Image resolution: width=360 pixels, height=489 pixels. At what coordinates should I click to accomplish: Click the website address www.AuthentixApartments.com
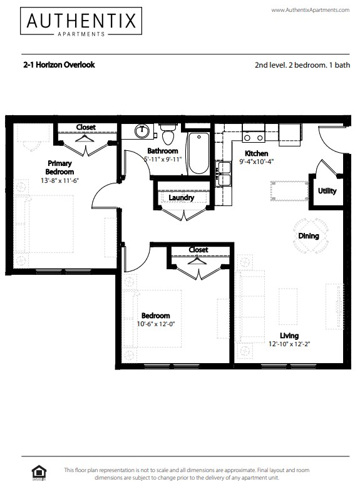click(310, 10)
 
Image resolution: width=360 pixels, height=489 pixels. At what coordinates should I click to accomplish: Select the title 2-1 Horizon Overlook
click(59, 64)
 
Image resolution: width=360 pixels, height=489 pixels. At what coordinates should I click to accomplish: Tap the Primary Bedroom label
click(61, 167)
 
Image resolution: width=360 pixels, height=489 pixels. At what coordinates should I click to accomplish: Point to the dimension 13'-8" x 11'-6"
click(61, 181)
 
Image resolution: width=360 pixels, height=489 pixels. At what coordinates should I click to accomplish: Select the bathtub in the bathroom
click(198, 153)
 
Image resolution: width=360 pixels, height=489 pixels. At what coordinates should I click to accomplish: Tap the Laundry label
click(182, 198)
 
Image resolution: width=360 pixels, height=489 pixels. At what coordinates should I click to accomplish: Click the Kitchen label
click(256, 153)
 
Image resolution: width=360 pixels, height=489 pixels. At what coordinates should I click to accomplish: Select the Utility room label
click(327, 191)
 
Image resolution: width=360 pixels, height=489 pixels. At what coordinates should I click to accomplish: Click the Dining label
click(309, 236)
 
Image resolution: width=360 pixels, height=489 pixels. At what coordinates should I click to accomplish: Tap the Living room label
click(289, 336)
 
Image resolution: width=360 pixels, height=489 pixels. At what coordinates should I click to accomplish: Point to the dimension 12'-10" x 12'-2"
click(289, 344)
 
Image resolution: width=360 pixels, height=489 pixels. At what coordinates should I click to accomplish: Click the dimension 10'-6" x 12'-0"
click(156, 324)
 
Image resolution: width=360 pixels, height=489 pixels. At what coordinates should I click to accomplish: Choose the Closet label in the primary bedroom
click(86, 127)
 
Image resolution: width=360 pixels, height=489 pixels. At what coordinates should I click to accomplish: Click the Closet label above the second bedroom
click(198, 250)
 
